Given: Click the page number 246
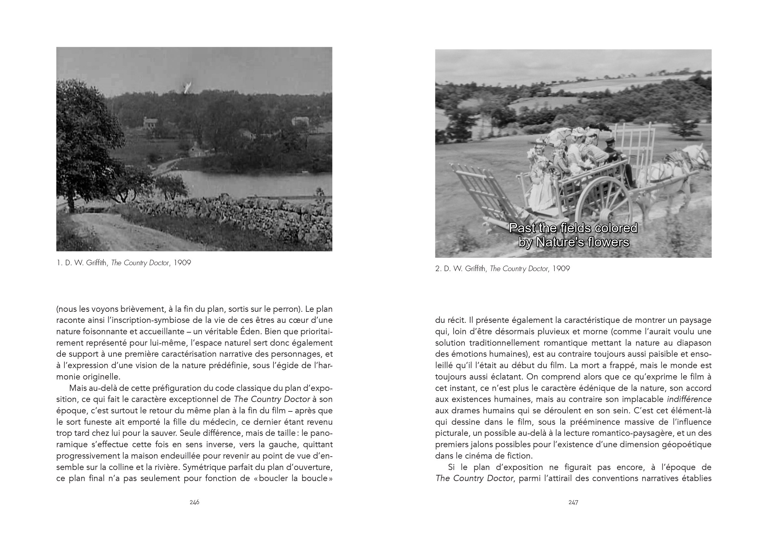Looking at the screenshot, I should click(194, 502).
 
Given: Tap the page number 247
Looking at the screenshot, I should click(573, 502).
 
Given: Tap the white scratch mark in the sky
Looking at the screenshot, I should click(187, 87).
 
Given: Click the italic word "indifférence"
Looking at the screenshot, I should click(689, 399).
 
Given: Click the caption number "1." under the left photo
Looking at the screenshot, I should click(60, 263).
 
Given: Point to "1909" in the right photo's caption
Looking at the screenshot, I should click(561, 269).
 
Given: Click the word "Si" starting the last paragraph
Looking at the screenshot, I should click(452, 467).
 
